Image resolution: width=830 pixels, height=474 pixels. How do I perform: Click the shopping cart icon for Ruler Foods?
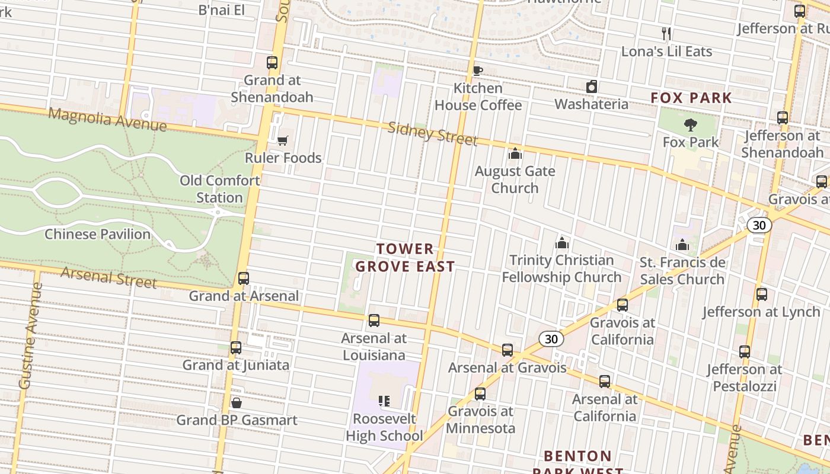(283, 140)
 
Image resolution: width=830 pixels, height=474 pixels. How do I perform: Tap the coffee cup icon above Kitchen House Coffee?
(478, 71)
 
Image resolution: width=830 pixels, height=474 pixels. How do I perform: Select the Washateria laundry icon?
(591, 87)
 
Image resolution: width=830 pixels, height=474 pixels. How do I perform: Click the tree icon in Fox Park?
(690, 125)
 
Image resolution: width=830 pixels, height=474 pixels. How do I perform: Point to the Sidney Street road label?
(432, 134)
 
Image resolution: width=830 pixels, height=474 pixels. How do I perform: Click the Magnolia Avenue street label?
(107, 120)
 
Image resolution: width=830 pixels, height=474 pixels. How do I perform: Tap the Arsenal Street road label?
(108, 277)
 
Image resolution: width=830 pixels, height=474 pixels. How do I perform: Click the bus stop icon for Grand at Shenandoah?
(272, 63)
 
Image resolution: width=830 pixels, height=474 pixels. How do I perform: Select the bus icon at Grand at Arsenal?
(243, 278)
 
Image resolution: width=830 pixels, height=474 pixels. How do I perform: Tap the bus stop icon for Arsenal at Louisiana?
(373, 321)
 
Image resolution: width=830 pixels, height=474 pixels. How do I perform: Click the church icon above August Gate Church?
(515, 154)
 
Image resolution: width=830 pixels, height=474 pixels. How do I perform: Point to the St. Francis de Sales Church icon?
(682, 245)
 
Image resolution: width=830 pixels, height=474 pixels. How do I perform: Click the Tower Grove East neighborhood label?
(406, 258)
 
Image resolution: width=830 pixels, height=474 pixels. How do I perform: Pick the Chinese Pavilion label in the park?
(98, 234)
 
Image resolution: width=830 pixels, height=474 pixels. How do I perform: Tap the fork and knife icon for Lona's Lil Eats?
(666, 34)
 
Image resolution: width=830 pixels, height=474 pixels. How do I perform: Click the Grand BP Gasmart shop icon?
(237, 403)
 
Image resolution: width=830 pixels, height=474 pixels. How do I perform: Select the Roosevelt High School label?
(384, 427)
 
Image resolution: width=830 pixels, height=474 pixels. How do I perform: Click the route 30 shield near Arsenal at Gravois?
(551, 339)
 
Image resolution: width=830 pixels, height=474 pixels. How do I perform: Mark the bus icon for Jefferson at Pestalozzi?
(745, 352)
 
